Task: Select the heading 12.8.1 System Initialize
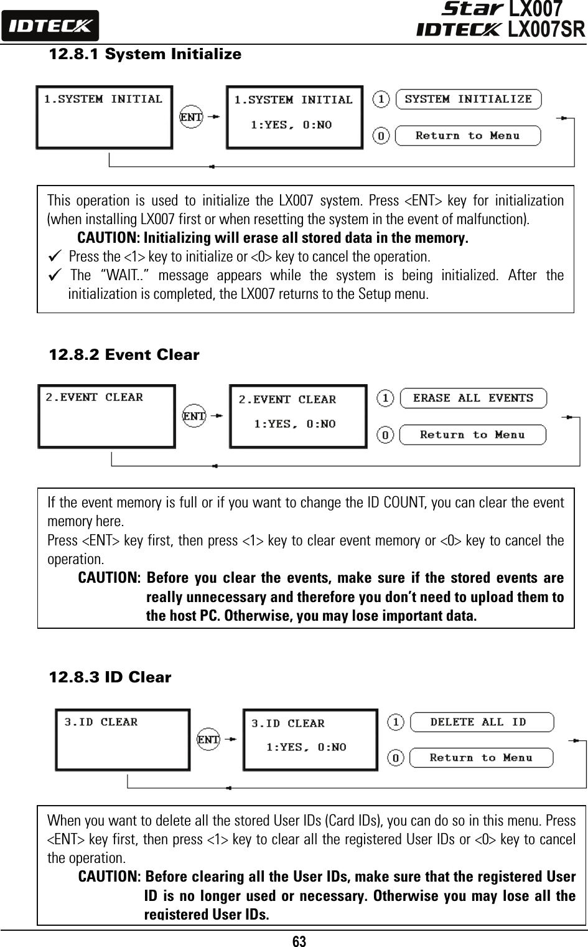click(x=145, y=54)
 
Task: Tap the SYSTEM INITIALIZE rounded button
click(x=469, y=99)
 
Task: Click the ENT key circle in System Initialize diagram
click(x=191, y=116)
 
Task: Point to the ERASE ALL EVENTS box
click(x=473, y=398)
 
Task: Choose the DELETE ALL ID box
click(x=481, y=722)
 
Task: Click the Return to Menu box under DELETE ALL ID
click(x=481, y=758)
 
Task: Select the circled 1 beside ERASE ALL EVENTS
click(x=386, y=398)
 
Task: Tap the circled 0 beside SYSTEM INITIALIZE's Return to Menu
click(x=381, y=135)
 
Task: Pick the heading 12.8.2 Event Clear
click(x=124, y=356)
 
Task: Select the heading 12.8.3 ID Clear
click(x=110, y=677)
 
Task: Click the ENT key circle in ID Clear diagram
click(x=208, y=739)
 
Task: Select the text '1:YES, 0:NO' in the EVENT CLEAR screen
click(x=295, y=424)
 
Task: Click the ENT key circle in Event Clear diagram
click(x=194, y=415)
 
